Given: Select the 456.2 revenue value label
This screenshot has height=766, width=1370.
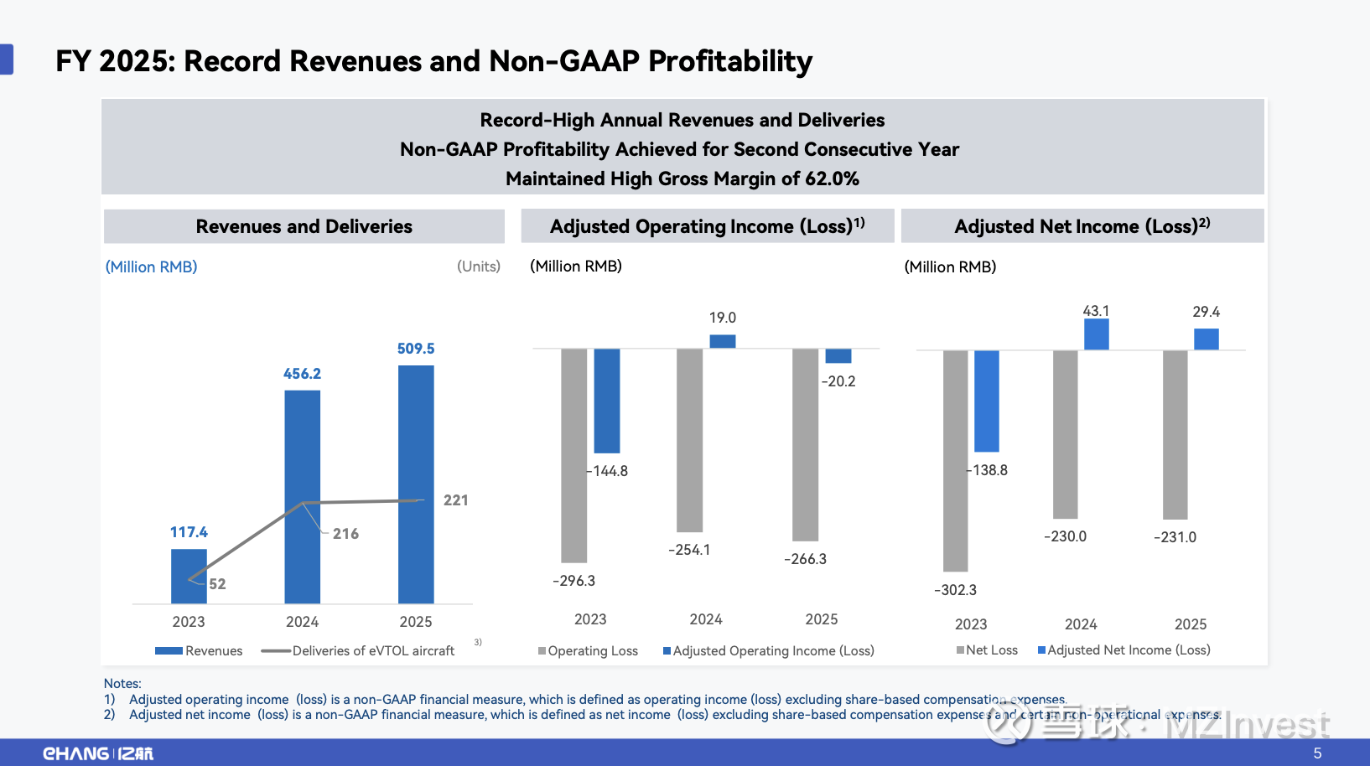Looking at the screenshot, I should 302,374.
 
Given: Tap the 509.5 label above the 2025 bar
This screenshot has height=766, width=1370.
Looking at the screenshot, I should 416,349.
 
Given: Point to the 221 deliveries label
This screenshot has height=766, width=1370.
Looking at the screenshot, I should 456,500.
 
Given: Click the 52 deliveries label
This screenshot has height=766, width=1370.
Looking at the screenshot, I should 217,584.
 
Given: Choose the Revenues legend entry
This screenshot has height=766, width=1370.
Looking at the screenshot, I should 200,651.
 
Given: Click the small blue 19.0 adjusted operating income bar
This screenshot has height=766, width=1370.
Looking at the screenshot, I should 723,341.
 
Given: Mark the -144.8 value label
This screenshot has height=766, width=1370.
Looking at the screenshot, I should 609,471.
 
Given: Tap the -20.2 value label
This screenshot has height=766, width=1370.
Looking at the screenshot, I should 838,381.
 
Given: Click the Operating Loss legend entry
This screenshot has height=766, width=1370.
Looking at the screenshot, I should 589,651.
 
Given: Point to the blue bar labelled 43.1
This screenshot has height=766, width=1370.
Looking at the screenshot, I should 1096,334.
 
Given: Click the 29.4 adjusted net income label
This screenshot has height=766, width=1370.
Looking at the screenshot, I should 1206,312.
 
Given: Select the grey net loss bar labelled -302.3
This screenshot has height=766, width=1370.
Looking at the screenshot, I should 955,460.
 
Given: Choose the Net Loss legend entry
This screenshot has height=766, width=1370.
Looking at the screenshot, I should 988,650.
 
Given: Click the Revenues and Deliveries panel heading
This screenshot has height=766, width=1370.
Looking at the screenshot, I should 304,226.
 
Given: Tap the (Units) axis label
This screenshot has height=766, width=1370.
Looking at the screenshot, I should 479,267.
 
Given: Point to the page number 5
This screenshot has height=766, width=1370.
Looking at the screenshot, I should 1317,753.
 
